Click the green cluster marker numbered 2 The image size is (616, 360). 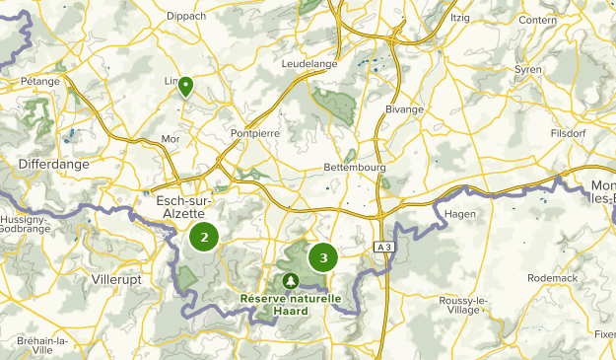pyautogui.click(x=204, y=237)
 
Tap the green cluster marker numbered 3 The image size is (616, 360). pyautogui.click(x=323, y=257)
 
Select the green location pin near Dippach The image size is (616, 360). pyautogui.click(x=184, y=86)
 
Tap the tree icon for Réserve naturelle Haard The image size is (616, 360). pyautogui.click(x=290, y=281)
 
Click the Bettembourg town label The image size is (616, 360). pyautogui.click(x=354, y=168)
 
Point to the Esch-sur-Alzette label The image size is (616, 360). pyautogui.click(x=184, y=207)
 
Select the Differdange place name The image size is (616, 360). pyautogui.click(x=54, y=164)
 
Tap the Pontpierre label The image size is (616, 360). pyautogui.click(x=255, y=132)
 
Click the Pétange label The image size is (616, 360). pyautogui.click(x=39, y=81)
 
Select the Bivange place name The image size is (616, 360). pyautogui.click(x=404, y=109)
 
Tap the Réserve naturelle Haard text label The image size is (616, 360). pyautogui.click(x=291, y=305)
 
